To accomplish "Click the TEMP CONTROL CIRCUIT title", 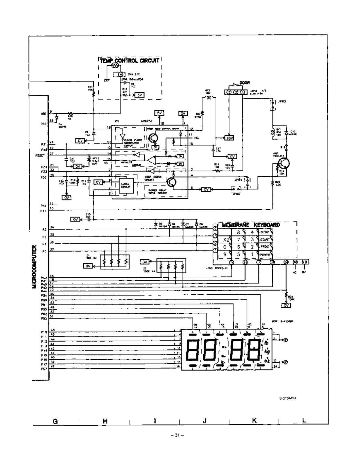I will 130,60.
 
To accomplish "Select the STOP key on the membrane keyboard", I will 265,232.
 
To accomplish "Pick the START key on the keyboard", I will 265,239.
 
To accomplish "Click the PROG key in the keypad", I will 265,247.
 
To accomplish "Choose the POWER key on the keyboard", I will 265,255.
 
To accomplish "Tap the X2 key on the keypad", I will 226,240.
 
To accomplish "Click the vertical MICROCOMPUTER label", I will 35,267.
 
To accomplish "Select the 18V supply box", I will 229,138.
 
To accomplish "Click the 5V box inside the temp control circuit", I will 140,95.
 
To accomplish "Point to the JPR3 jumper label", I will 282,102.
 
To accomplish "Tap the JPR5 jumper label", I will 236,194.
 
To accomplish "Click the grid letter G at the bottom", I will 55,421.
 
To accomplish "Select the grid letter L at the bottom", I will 304,421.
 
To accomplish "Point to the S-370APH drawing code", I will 287,398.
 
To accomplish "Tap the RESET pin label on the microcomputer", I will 40,155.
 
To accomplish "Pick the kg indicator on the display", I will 267,352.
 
